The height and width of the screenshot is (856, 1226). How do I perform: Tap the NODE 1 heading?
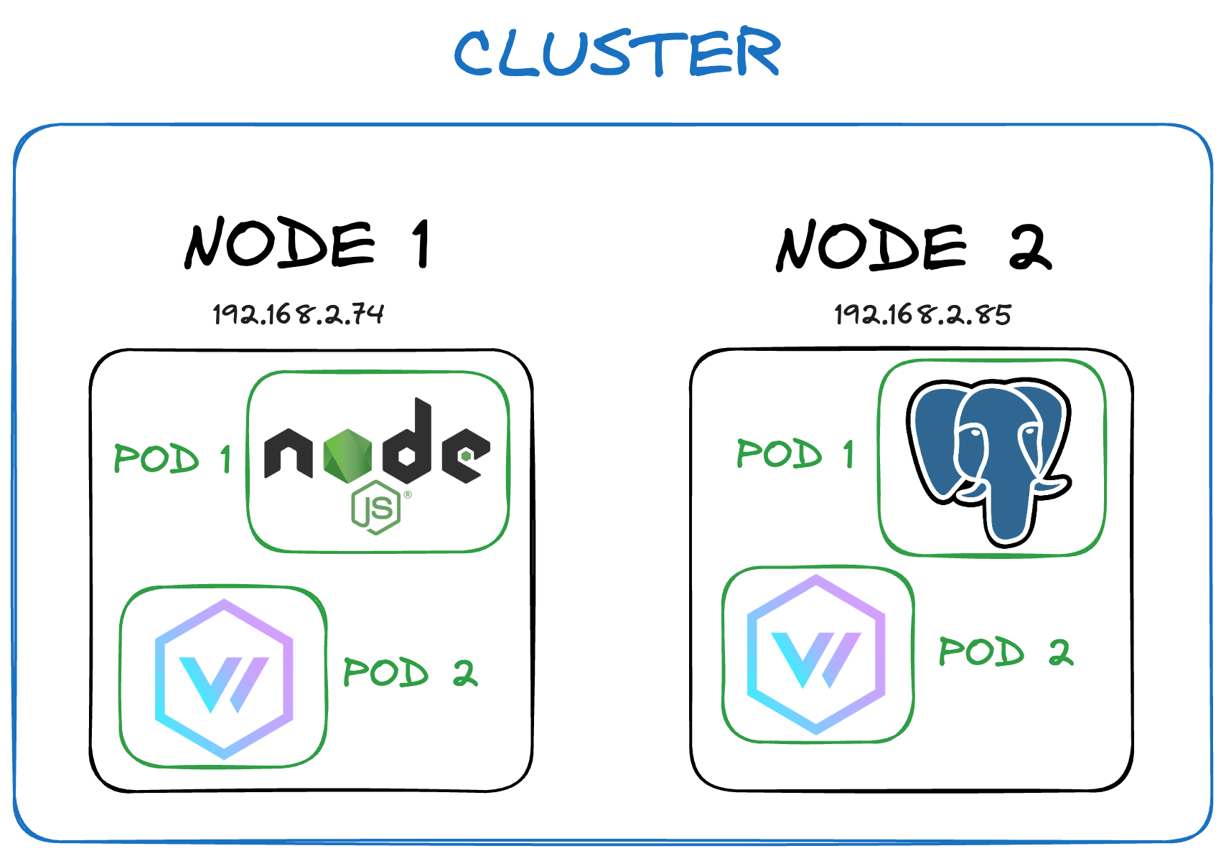click(x=307, y=244)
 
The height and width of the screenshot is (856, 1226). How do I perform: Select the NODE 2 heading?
click(x=913, y=246)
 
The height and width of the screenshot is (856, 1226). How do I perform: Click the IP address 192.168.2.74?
click(x=298, y=314)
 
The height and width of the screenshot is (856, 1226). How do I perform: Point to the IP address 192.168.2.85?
click(x=922, y=314)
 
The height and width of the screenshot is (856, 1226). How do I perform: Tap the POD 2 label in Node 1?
click(x=410, y=672)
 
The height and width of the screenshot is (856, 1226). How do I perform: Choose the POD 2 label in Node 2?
click(x=1006, y=652)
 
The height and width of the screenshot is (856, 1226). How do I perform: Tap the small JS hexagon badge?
click(x=375, y=508)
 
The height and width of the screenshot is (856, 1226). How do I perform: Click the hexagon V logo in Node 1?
click(x=224, y=678)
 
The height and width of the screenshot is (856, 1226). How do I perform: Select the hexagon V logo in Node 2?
click(x=816, y=654)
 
